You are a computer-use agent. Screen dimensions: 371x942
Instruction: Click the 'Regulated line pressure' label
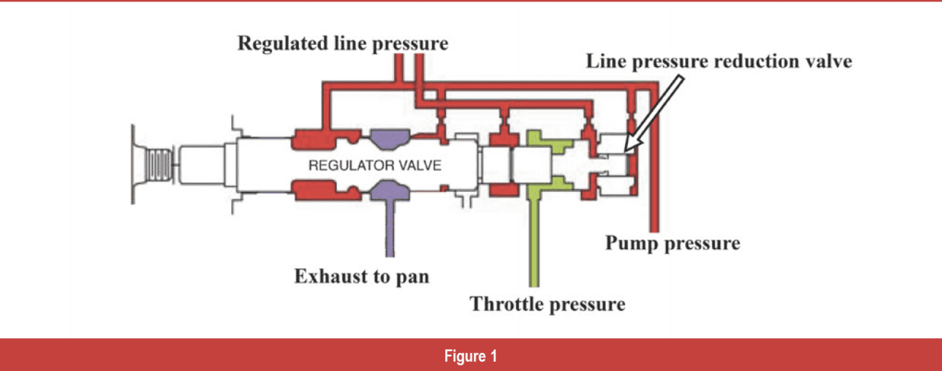point(343,44)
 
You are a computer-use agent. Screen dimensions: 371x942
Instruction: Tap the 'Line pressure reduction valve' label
point(719,61)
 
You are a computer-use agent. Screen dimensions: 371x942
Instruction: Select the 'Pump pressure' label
point(672,243)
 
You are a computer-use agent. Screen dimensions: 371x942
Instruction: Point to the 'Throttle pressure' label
point(547,305)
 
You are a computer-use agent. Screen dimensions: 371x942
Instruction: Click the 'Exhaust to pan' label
point(362,276)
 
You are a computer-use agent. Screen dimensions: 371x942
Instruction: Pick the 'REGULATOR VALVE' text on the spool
point(375,166)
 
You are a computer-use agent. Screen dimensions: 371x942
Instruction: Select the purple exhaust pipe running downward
point(389,228)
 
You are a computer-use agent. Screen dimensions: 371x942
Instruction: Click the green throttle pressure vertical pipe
point(533,243)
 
